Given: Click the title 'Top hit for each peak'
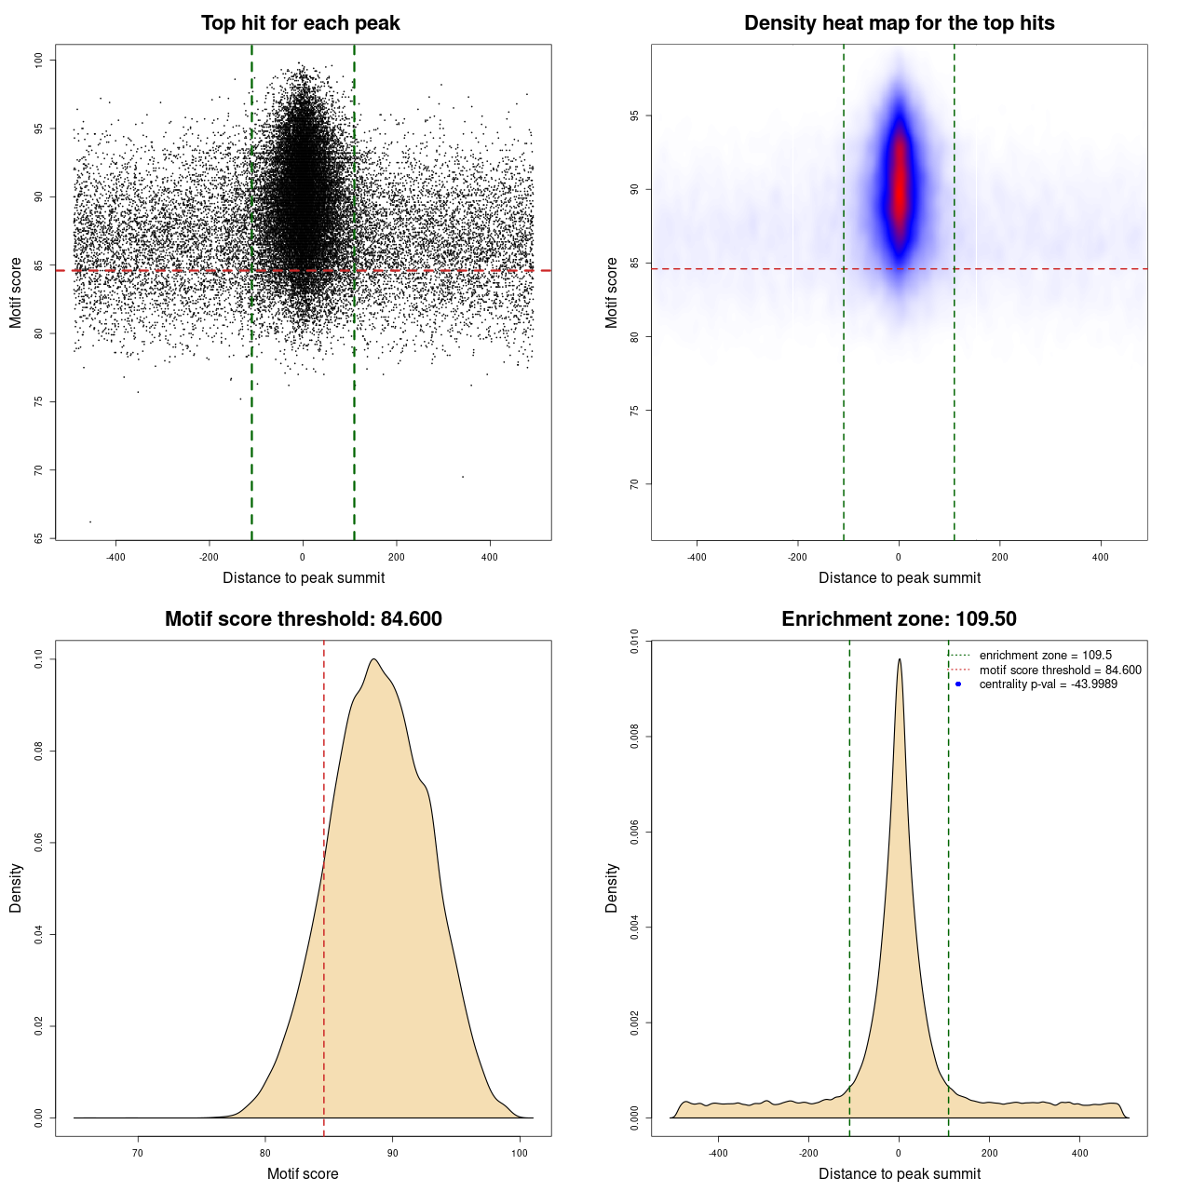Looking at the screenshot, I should coord(300,23).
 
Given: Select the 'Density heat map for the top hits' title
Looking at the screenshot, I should coord(899,23).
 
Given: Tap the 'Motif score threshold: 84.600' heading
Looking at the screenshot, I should coord(303,619).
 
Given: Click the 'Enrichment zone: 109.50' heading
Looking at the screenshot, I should coord(899,619).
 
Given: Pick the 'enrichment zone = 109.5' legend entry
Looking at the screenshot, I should coord(1045,656).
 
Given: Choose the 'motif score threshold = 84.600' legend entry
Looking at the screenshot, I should coord(1060,670).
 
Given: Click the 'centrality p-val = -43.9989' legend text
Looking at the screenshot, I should coord(1048,684).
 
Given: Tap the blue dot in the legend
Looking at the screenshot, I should coord(958,684).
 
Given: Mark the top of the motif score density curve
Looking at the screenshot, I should coord(373,659).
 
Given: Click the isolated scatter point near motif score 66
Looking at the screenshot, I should coord(90,521).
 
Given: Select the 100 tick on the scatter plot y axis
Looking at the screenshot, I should coord(38,60).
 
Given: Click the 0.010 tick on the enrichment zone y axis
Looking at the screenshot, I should coord(634,642).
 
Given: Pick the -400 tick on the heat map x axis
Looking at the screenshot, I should coord(697,557).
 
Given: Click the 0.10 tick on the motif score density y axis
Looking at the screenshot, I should coord(38,659).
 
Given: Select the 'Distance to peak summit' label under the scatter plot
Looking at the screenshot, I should coord(304,578).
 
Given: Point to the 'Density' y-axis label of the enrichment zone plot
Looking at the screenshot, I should coord(612,887).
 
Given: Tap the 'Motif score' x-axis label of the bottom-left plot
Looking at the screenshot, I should coord(303,1174).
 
